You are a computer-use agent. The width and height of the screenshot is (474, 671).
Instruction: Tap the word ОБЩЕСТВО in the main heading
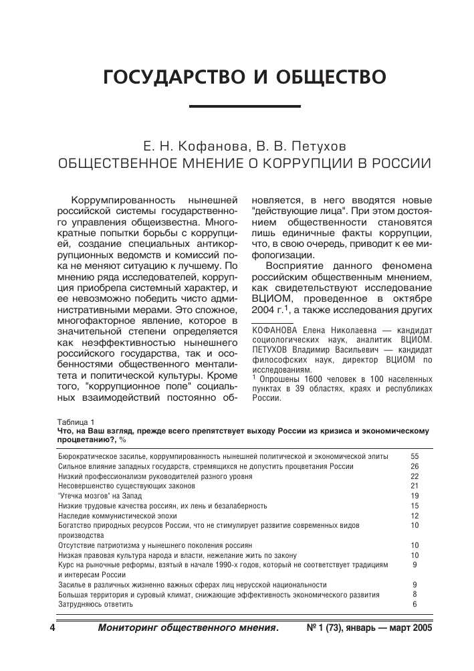pyautogui.click(x=324, y=77)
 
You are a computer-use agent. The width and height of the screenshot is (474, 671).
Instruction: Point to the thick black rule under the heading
pyautogui.click(x=245, y=106)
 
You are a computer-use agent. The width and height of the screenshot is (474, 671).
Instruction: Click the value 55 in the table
pyautogui.click(x=414, y=456)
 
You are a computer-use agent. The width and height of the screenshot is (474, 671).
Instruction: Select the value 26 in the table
pyautogui.click(x=414, y=466)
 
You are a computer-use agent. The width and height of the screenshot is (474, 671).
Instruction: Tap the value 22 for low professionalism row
pyautogui.click(x=414, y=476)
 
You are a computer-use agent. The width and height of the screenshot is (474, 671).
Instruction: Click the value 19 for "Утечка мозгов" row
pyautogui.click(x=414, y=496)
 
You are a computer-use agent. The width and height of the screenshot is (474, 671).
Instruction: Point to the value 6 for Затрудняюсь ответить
pyautogui.click(x=415, y=604)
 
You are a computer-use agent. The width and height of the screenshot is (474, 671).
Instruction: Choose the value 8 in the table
pyautogui.click(x=415, y=594)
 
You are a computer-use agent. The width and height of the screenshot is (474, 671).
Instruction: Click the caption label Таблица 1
pyautogui.click(x=76, y=422)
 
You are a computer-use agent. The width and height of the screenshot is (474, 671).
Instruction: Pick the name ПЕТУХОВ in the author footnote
pyautogui.click(x=273, y=349)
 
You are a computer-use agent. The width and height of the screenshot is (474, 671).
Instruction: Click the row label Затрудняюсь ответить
pyautogui.click(x=96, y=604)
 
